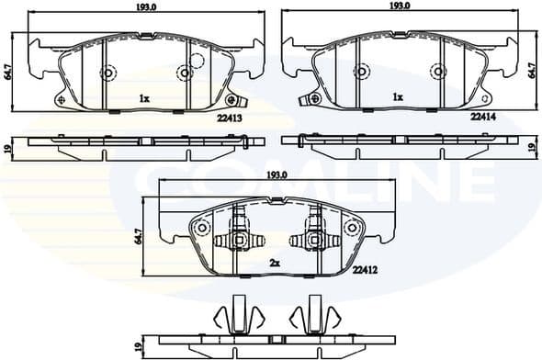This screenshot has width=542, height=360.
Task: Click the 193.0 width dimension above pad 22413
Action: [143, 6]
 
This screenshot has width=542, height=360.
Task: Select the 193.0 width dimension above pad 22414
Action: [398, 6]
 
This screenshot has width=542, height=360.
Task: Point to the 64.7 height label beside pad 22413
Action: [9, 70]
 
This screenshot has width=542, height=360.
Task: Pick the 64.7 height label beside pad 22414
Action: [533, 70]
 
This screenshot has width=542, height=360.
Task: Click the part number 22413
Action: [231, 118]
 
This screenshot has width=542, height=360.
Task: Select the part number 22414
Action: [483, 118]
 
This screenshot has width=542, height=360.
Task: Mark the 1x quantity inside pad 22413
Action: [144, 97]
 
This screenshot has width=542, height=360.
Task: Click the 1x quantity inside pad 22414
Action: [398, 96]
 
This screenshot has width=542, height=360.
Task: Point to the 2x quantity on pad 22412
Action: [274, 263]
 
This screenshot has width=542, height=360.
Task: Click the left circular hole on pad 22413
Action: [107, 73]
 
